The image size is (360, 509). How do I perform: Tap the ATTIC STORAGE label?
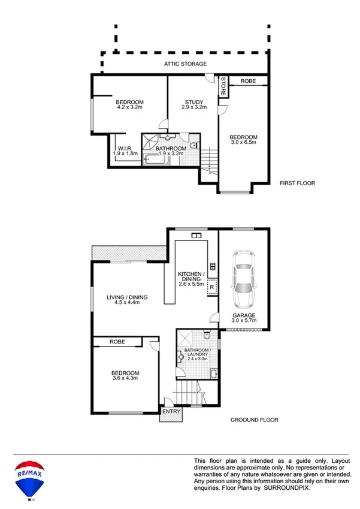click(x=186, y=64)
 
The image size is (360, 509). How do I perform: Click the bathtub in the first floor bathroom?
click(x=155, y=160)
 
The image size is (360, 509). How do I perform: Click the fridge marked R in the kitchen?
click(x=211, y=288)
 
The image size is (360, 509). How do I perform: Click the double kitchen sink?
click(x=195, y=236)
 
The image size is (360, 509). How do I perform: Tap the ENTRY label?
click(x=171, y=412)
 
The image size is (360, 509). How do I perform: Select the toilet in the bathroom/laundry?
click(x=205, y=335)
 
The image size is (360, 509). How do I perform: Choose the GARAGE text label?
click(x=244, y=315)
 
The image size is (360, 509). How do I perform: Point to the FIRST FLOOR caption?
click(x=297, y=183)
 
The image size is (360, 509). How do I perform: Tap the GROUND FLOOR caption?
click(x=255, y=420)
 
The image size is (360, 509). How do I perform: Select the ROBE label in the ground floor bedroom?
click(x=117, y=342)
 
